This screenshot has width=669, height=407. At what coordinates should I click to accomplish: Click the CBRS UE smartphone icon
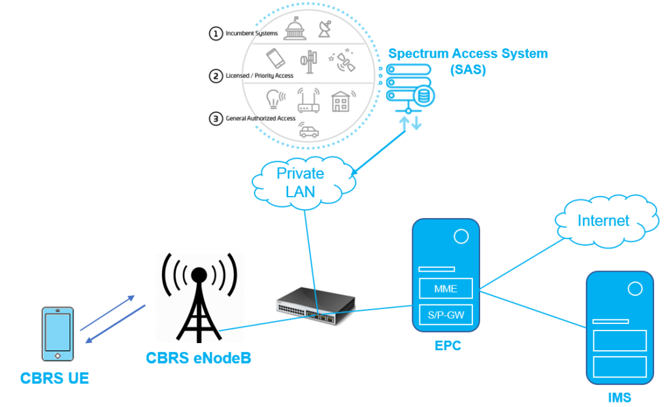[57, 333]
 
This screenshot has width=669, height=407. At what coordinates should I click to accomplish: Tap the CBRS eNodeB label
[198, 358]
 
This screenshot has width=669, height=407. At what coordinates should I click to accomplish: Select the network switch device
[316, 304]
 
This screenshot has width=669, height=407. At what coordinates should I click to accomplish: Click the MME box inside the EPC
[446, 288]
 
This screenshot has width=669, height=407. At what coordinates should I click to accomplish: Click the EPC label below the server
[448, 346]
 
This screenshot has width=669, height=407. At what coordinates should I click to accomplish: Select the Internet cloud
[602, 221]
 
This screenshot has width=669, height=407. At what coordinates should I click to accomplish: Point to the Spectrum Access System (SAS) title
[468, 61]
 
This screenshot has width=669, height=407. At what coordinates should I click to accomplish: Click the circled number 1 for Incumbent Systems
[216, 33]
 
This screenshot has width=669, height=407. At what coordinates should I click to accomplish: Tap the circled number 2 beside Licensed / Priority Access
[216, 76]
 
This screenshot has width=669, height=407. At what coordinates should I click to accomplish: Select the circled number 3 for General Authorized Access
[216, 119]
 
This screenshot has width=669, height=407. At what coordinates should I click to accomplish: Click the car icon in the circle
[308, 131]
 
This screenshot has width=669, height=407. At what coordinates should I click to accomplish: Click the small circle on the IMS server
[634, 288]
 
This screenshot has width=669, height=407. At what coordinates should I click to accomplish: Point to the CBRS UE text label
[54, 378]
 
